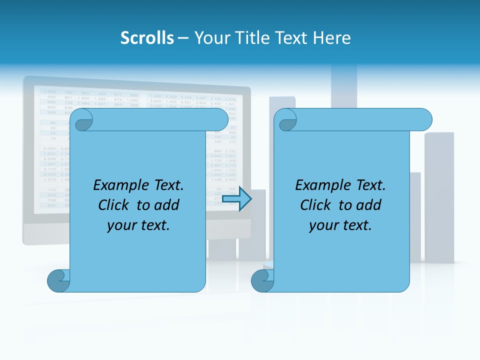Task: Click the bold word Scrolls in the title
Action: [x=147, y=38]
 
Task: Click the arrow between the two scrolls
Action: [x=236, y=199]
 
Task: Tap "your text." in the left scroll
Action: [x=138, y=225]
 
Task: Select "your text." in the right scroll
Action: [x=340, y=225]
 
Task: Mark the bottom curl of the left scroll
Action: [x=58, y=281]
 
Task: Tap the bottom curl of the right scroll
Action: [x=261, y=281]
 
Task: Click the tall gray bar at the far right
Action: [x=439, y=197]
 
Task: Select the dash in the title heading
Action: [x=183, y=38]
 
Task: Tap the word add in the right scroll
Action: [x=369, y=205]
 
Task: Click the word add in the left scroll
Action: [x=167, y=205]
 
